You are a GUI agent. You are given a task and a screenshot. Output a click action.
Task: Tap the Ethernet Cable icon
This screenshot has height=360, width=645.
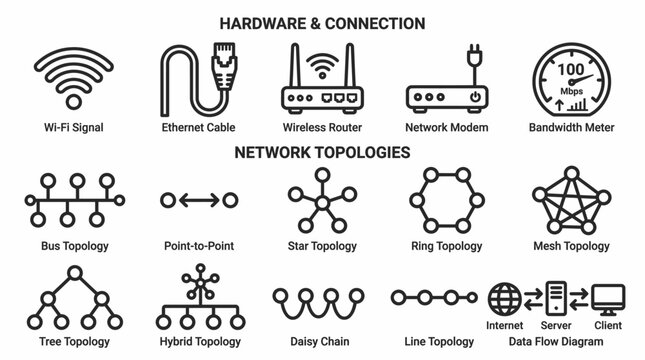click(204, 80)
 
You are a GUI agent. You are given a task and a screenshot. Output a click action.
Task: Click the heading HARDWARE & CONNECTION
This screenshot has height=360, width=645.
click(321, 23)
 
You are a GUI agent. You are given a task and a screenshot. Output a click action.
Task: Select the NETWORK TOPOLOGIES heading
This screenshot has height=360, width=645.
click(321, 153)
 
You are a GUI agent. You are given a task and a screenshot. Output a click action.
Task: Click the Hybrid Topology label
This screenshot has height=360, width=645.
click(198, 342)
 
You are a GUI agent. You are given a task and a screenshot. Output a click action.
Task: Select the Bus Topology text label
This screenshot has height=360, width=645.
click(75, 245)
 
